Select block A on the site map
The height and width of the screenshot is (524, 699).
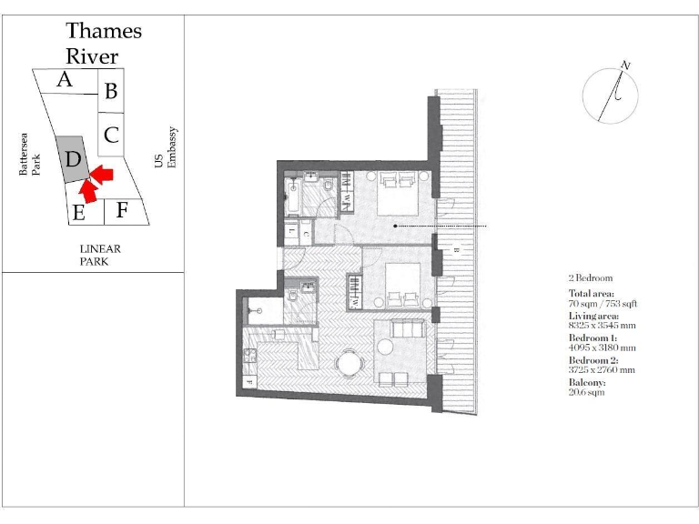pyautogui.click(x=66, y=81)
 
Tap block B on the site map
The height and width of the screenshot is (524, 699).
pyautogui.click(x=110, y=91)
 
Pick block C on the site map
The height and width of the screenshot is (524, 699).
pyautogui.click(x=110, y=136)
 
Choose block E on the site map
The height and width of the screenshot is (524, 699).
pyautogui.click(x=80, y=213)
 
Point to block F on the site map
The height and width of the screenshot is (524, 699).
pyautogui.click(x=121, y=210)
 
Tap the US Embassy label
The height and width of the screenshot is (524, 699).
pyautogui.click(x=166, y=147)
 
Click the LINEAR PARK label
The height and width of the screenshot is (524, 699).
pyautogui.click(x=100, y=255)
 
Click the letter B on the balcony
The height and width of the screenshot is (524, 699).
pyautogui.click(x=455, y=248)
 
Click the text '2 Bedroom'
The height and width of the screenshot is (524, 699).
pyautogui.click(x=590, y=277)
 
